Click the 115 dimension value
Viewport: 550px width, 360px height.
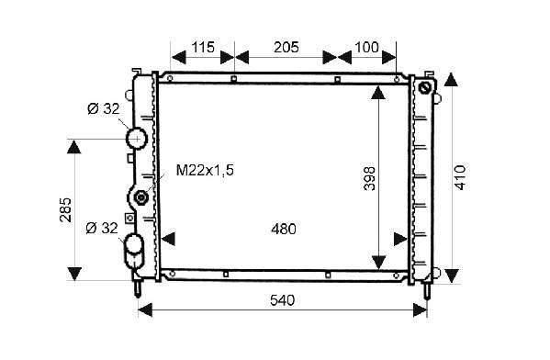point(203,47)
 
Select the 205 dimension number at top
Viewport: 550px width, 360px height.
point(286,47)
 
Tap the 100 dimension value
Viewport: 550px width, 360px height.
point(367,47)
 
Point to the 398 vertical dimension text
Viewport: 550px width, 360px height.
point(369,178)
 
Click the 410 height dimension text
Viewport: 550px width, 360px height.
point(460,177)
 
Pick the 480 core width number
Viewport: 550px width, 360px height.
point(284,229)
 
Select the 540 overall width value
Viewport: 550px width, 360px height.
point(283,300)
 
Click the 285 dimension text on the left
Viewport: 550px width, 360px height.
point(65,209)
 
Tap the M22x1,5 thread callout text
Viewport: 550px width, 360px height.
point(205,171)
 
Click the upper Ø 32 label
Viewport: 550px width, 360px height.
point(104,108)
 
